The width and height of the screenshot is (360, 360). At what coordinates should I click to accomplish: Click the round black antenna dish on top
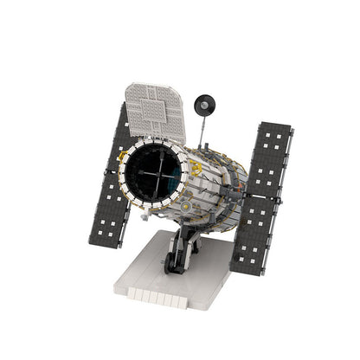tap(204, 106)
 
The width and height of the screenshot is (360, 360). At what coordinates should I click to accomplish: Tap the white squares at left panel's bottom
tap(106, 227)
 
